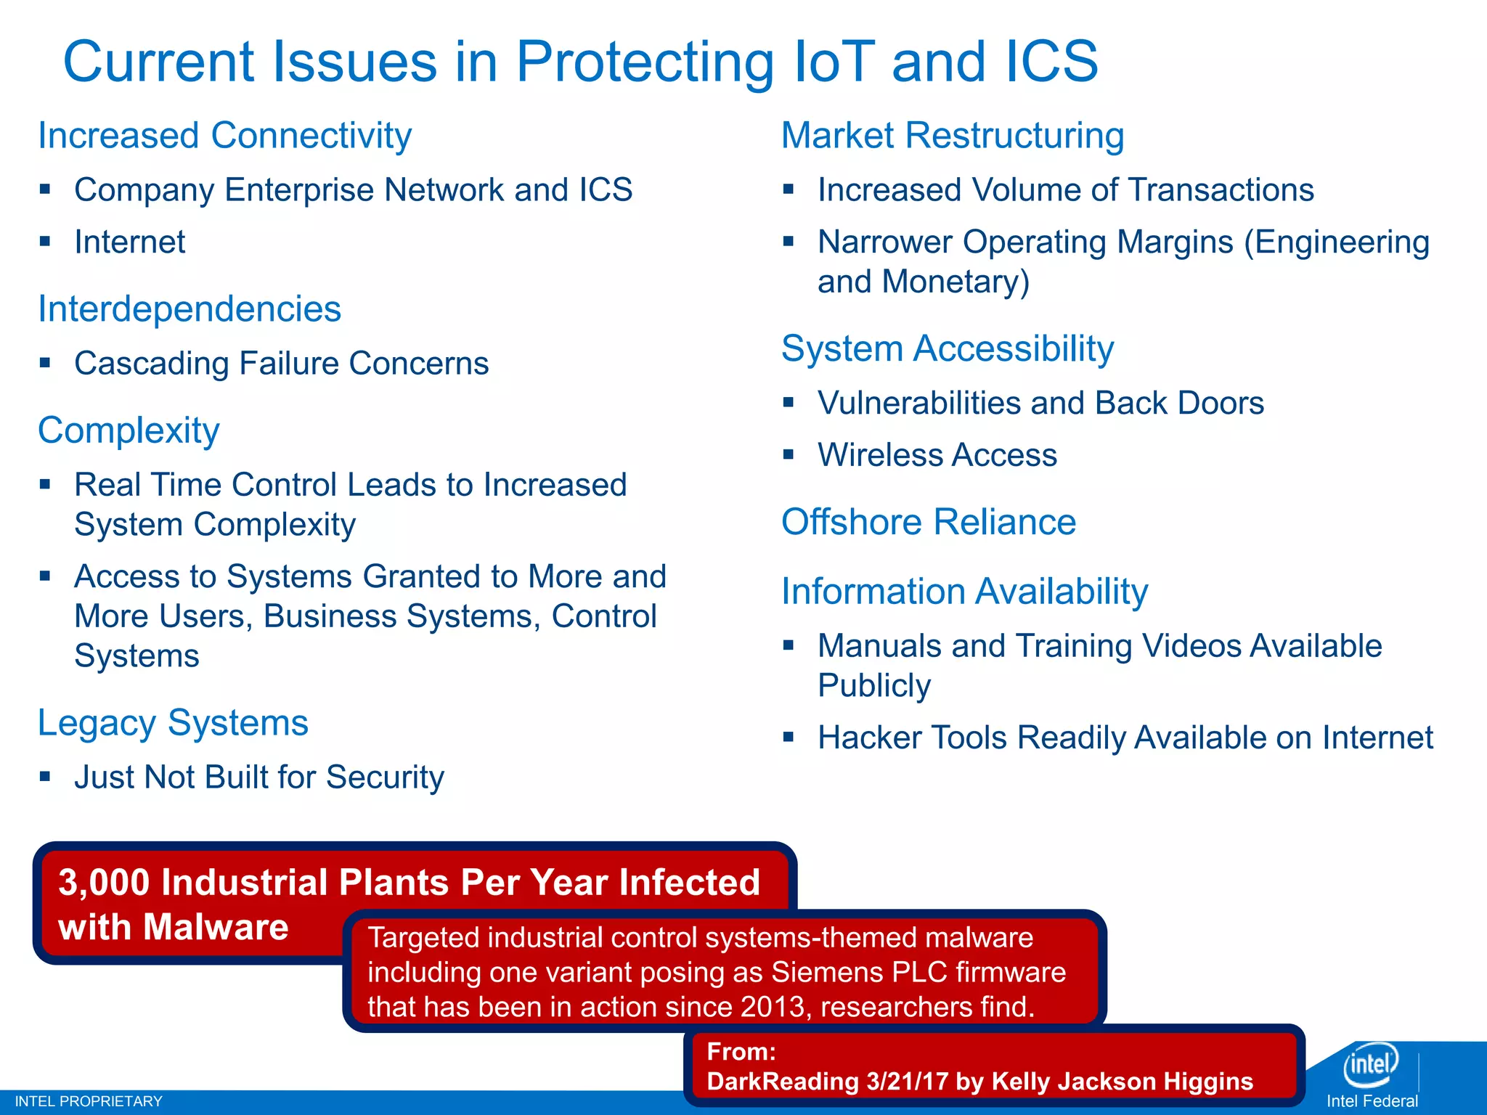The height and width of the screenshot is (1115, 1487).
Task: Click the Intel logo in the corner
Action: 1370,1064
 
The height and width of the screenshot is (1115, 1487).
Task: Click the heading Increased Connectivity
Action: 224,136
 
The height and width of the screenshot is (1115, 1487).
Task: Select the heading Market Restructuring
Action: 953,136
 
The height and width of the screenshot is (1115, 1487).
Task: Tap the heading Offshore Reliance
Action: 929,522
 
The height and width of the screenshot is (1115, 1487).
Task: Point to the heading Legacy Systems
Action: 173,723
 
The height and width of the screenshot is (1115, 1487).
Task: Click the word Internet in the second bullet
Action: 130,242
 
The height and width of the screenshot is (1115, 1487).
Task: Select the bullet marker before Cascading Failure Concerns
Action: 46,362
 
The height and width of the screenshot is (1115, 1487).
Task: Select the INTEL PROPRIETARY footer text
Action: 89,1101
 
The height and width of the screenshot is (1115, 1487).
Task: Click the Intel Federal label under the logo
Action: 1372,1101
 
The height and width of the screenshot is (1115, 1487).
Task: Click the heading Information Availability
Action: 964,591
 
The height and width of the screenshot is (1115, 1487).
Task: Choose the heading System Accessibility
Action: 948,348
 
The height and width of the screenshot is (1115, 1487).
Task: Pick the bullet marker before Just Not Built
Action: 46,776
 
